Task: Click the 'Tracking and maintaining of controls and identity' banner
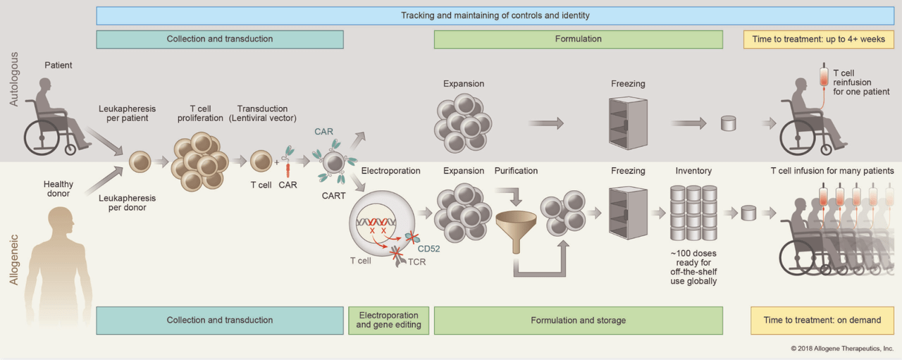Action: point(495,15)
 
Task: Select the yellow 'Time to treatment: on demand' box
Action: point(822,320)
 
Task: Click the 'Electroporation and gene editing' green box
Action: point(388,320)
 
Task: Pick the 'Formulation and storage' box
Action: point(578,320)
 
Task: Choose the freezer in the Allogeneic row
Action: point(627,212)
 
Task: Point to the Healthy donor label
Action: point(58,190)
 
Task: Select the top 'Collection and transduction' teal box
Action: point(219,39)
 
